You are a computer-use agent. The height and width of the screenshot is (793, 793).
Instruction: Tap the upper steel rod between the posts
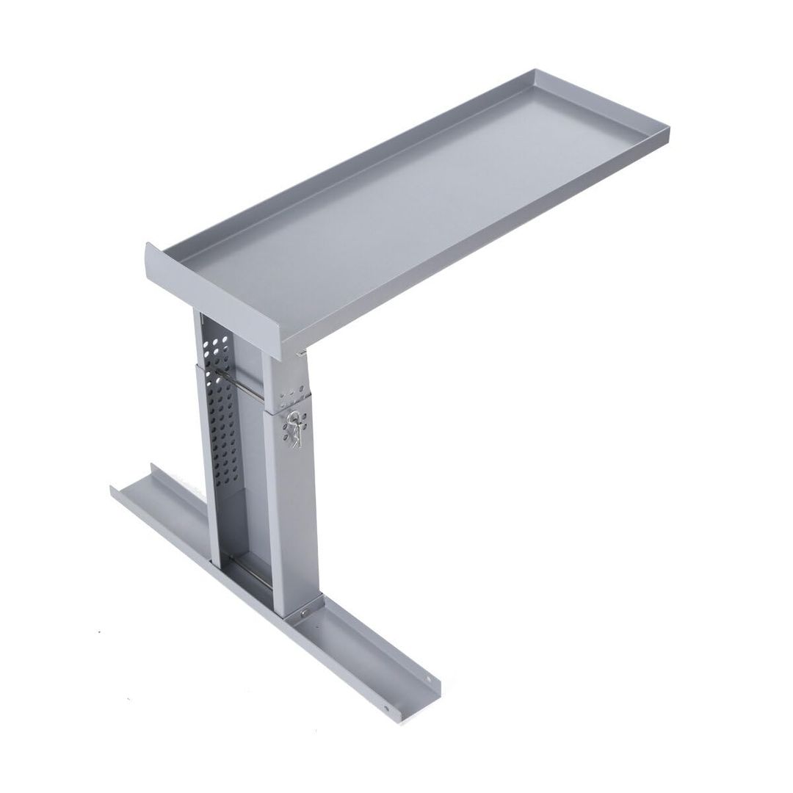coord(242,388)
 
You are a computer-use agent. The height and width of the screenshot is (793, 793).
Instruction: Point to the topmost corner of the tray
coord(535,71)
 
